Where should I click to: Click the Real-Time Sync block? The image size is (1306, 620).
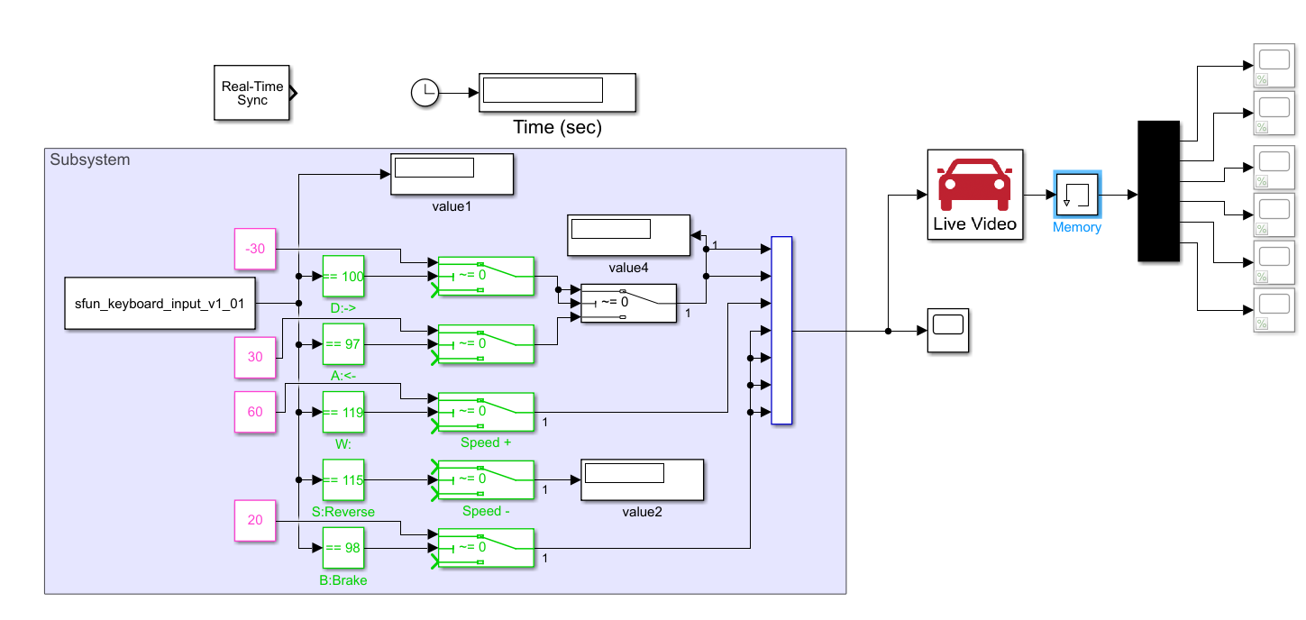[x=252, y=93]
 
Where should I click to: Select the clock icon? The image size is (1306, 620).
[x=424, y=92]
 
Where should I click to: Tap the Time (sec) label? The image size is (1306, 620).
[x=557, y=128]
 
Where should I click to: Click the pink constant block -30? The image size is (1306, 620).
[x=255, y=250]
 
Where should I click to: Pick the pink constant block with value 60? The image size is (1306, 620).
[x=255, y=412]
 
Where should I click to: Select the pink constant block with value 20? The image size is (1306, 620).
[x=255, y=520]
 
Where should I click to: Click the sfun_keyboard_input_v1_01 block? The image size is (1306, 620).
[x=160, y=304]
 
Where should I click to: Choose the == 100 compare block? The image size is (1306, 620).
[x=343, y=277]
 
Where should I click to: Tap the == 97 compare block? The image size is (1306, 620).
[x=343, y=344]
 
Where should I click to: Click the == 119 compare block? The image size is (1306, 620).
[x=343, y=412]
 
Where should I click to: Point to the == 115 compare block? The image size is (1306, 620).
[x=343, y=480]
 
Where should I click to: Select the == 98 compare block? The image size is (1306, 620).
[x=343, y=548]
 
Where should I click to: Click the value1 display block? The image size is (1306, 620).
[x=452, y=174]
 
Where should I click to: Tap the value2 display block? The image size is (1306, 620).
[x=642, y=479]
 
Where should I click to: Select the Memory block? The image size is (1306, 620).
[x=1077, y=195]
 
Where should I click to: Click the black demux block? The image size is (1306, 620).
[x=1159, y=191]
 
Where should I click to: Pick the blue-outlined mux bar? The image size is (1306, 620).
[x=781, y=330]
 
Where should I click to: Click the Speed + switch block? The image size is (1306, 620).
[x=486, y=412]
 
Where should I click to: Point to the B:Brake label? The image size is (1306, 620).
[x=343, y=580]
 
